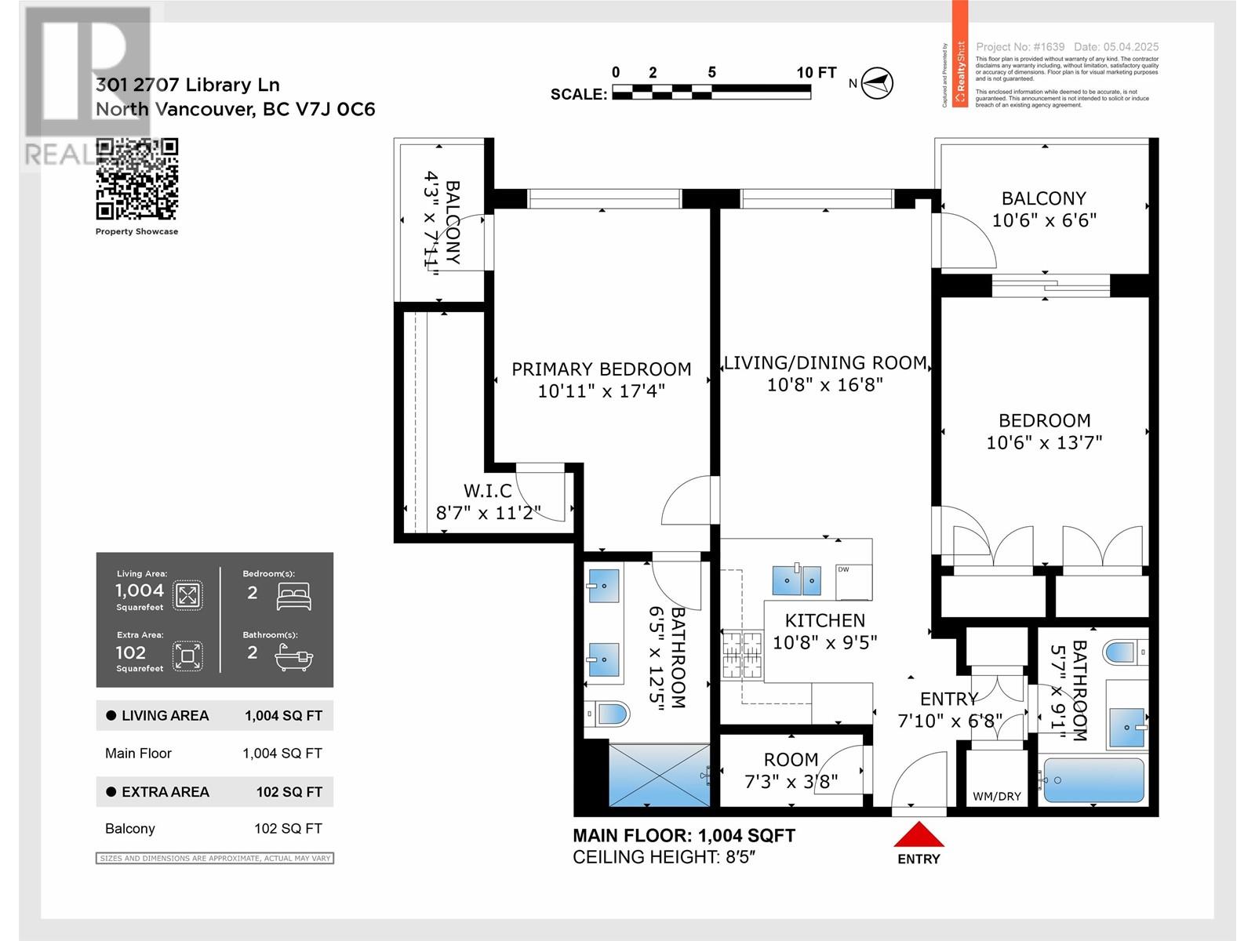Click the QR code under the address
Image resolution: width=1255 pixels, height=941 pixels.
pos(136,179)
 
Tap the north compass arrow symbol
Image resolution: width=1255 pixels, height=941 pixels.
pos(877,82)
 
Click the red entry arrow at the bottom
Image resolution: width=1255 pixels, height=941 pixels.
pos(919,834)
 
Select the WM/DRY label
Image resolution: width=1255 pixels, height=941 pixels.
pos(996,796)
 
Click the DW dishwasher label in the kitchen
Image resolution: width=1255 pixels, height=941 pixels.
pos(843,569)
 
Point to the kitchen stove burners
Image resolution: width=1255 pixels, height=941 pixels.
pos(742,655)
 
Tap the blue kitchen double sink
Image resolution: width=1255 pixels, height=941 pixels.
pos(796,579)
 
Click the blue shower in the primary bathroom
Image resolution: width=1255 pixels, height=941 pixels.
pos(658,775)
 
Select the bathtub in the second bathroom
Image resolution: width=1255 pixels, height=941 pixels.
pos(1093,780)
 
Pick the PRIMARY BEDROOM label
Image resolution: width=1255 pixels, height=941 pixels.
pos(602,369)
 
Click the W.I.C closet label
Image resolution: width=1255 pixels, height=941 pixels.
pos(488,491)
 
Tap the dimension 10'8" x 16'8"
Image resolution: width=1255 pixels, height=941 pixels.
pos(824,384)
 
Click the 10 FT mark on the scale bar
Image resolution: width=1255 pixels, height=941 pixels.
pos(816,72)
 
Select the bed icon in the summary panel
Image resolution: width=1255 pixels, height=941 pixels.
pos(294,596)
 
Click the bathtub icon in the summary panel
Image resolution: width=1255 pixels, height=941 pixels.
pos(294,657)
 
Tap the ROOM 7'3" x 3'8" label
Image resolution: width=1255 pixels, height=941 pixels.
pos(791,770)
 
